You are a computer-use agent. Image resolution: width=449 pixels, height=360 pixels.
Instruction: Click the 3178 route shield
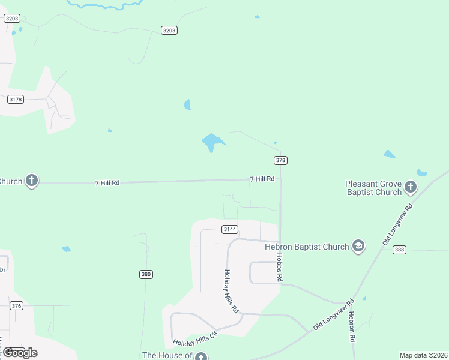pos(16,100)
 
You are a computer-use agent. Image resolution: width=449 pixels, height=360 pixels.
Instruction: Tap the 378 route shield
pos(280,160)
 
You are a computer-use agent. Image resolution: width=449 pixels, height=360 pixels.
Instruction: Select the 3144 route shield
pos(230,229)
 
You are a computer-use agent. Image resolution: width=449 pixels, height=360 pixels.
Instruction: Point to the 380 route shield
pos(146,274)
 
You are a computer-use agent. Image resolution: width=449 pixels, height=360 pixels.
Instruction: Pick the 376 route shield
pos(16,306)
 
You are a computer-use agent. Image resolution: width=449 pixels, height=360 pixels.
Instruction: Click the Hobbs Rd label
pos(279,267)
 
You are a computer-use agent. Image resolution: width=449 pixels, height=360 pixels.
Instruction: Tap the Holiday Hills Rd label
pos(232,291)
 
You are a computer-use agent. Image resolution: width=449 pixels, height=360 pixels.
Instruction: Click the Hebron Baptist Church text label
pos(307,247)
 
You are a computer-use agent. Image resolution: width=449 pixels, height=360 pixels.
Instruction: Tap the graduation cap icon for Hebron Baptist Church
pos(358,246)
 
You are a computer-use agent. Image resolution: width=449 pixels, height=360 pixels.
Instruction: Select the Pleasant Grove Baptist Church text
pos(373,188)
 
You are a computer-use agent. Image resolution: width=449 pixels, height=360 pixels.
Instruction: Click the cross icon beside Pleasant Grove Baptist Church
pos(411,187)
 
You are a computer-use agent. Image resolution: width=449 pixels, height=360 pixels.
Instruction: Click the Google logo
pos(20,353)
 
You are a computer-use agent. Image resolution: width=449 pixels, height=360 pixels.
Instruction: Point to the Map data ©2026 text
pos(424,355)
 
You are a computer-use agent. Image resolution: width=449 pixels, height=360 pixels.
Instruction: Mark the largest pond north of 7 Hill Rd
pos(212,142)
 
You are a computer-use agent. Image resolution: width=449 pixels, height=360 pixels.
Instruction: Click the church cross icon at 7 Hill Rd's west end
pos(32,181)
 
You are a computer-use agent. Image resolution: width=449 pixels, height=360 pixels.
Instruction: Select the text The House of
pos(167,356)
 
